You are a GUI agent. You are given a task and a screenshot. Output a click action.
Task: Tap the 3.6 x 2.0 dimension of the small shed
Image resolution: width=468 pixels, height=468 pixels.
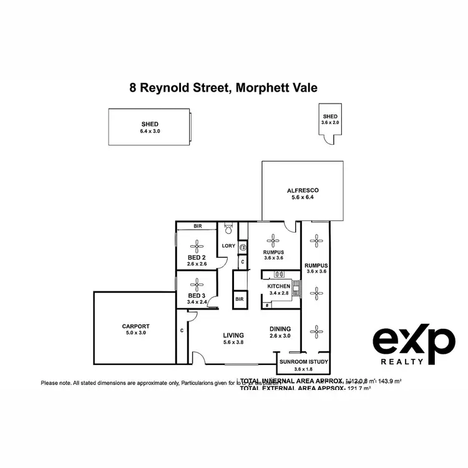[329, 123]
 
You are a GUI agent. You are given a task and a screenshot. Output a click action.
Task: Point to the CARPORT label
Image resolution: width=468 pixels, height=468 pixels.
[134, 326]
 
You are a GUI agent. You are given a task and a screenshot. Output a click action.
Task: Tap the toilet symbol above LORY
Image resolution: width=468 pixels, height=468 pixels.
[228, 228]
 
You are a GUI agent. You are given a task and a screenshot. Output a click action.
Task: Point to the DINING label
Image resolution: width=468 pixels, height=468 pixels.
[280, 329]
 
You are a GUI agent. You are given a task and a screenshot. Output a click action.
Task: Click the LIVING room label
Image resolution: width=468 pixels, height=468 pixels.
[234, 335]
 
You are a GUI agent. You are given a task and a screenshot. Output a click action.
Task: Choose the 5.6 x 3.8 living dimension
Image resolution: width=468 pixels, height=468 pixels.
[234, 342]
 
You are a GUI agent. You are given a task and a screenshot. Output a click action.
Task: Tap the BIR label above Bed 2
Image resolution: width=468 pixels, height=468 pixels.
[197, 226]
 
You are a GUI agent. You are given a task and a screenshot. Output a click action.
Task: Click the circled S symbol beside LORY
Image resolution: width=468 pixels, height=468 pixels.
[241, 248]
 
